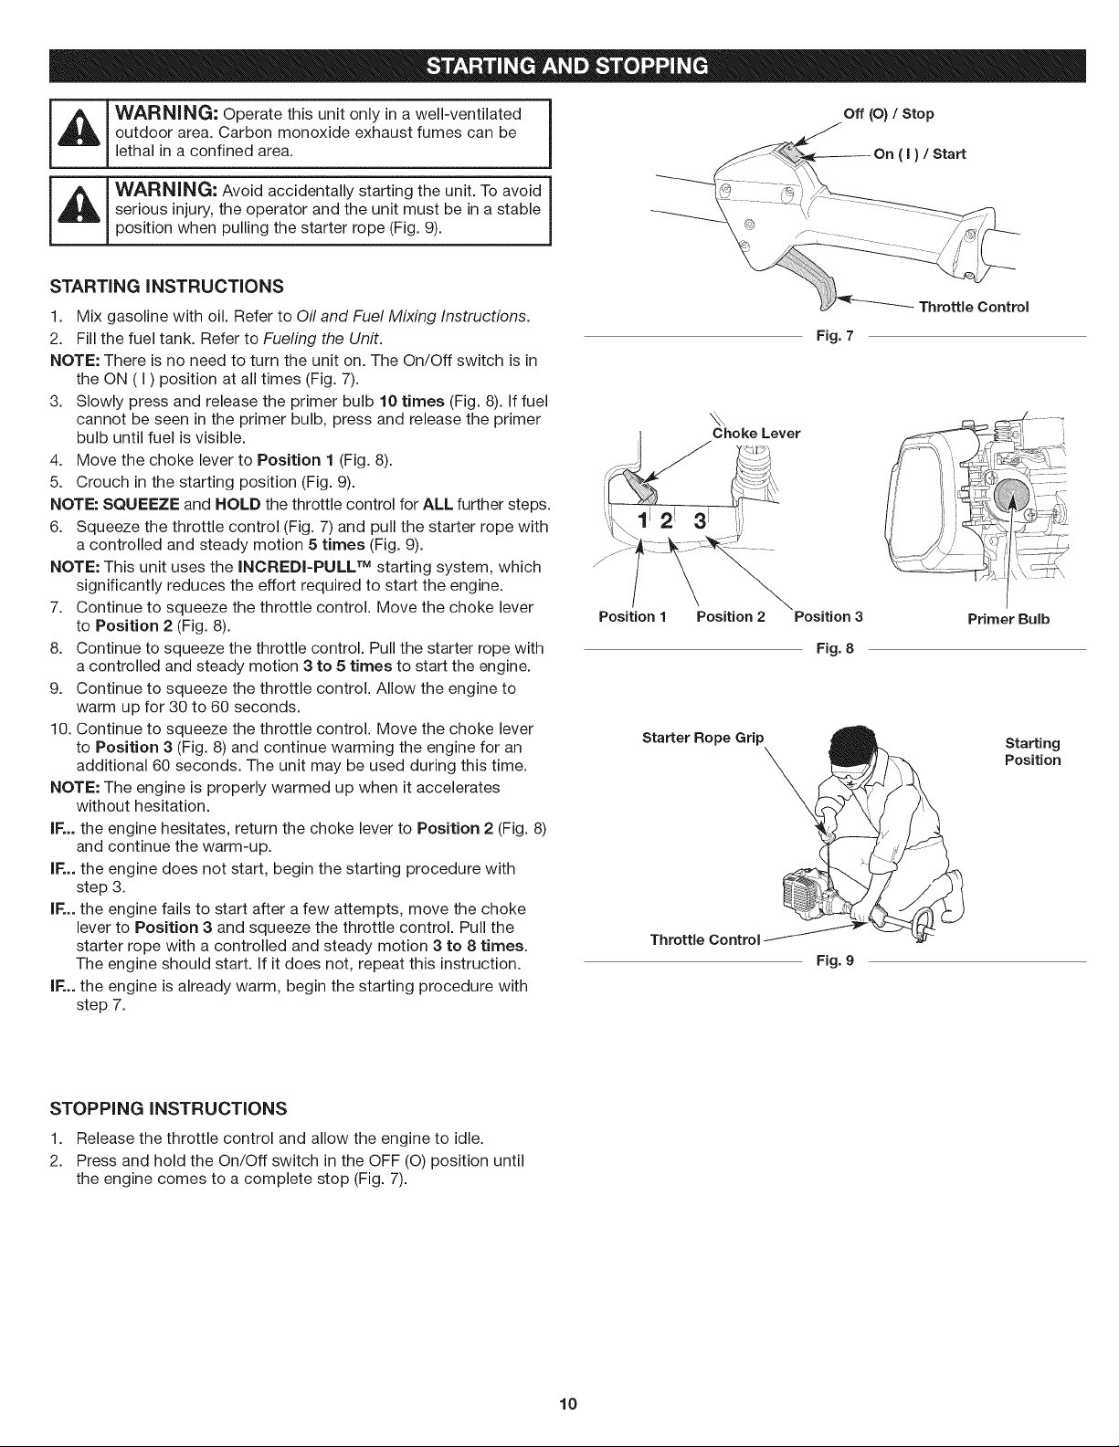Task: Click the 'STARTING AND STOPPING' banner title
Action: (x=567, y=66)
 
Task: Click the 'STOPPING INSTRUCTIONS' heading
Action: (x=168, y=1108)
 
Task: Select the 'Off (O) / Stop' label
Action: (x=889, y=114)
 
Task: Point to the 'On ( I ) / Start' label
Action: (x=919, y=153)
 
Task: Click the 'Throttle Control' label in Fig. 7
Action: (x=974, y=307)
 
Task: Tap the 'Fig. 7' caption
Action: (x=835, y=336)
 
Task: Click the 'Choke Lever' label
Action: (x=756, y=434)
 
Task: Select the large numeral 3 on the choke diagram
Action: (x=700, y=520)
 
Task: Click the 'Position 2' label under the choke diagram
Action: (x=731, y=616)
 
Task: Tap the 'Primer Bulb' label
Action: (x=1008, y=619)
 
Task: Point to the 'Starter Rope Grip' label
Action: (x=702, y=738)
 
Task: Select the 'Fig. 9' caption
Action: (x=835, y=960)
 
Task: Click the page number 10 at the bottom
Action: (x=568, y=1404)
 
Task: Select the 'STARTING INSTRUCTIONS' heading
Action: (x=166, y=287)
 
